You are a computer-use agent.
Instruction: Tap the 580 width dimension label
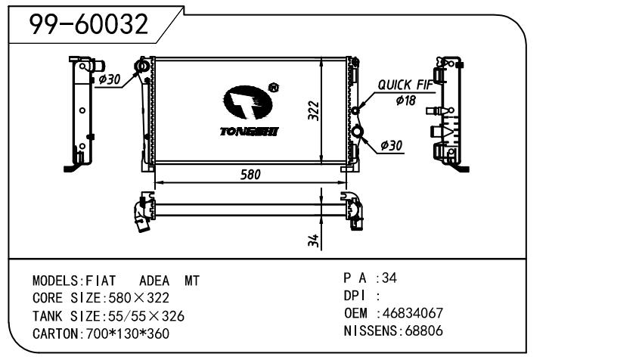click(250, 174)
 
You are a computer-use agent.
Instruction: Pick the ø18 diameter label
click(405, 101)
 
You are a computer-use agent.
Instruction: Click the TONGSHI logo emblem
click(247, 103)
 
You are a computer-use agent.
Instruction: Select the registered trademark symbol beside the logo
click(273, 88)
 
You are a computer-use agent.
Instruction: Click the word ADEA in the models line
click(154, 280)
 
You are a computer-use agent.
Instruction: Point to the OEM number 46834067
click(413, 313)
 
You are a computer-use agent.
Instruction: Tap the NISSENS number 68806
click(424, 331)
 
